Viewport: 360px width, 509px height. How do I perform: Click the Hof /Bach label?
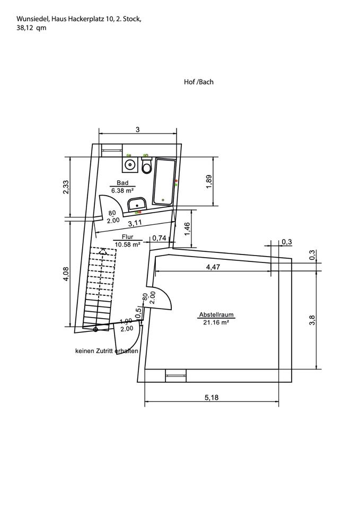click(x=199, y=82)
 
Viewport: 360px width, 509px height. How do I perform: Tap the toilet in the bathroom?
click(x=147, y=165)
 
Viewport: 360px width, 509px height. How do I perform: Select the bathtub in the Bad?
click(x=164, y=182)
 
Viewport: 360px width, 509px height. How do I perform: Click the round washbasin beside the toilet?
click(x=130, y=164)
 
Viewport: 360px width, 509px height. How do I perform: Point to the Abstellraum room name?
click(x=216, y=314)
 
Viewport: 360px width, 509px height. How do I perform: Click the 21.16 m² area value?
click(x=216, y=322)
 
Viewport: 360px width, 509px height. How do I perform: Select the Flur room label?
click(x=128, y=237)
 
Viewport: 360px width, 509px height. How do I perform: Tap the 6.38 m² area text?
click(x=122, y=190)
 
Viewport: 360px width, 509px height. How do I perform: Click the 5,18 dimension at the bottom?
click(x=212, y=397)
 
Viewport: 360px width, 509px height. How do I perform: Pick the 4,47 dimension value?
click(x=213, y=267)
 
